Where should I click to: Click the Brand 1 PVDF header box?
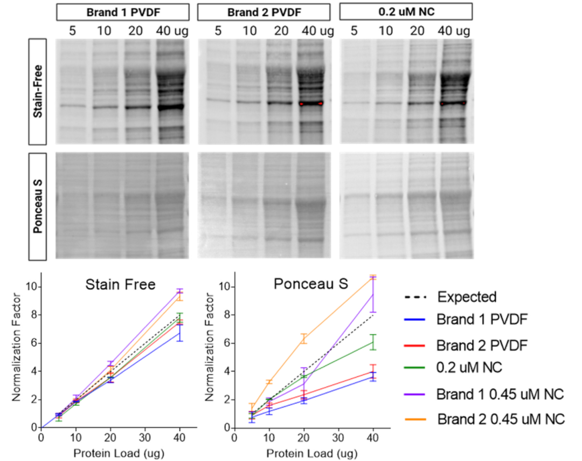[122, 11]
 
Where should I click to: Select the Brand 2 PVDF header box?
[264, 11]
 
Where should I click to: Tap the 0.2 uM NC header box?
[406, 11]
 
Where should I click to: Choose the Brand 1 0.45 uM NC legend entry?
[501, 395]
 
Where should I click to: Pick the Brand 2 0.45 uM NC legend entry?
[501, 418]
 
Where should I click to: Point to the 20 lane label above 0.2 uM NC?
[417, 30]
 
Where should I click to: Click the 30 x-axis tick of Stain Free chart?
[147, 437]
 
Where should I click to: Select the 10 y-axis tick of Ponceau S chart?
[227, 287]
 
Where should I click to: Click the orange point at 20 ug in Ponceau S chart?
[304, 339]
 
